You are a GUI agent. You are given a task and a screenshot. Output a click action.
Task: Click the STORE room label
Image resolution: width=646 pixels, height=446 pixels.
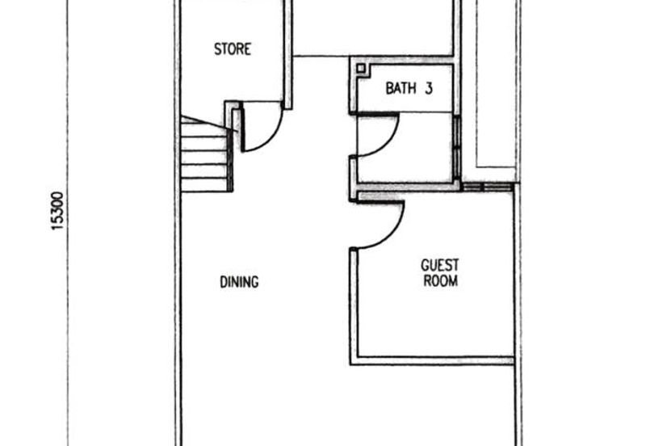(233, 49)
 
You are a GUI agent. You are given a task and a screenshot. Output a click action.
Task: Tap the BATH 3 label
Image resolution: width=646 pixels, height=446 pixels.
(409, 88)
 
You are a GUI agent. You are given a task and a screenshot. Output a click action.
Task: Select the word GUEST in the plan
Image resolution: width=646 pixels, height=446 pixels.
(439, 265)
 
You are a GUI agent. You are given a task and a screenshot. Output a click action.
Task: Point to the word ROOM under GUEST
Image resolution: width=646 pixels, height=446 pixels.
(440, 280)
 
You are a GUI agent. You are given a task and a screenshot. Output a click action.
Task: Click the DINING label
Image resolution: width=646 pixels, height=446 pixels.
(239, 282)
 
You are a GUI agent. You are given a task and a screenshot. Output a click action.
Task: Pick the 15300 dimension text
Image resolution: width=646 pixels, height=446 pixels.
(57, 211)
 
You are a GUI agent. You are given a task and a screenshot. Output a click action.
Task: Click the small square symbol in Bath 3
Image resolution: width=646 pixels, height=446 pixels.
(361, 68)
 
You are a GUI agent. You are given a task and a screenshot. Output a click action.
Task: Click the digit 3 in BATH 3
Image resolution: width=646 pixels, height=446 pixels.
(429, 88)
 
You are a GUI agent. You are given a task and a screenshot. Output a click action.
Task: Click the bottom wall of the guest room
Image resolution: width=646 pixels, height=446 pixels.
(432, 361)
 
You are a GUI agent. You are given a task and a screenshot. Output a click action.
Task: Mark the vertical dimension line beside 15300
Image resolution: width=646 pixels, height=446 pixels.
(68, 223)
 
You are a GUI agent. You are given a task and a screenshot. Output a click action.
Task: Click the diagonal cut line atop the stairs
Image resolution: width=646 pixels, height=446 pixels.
(209, 124)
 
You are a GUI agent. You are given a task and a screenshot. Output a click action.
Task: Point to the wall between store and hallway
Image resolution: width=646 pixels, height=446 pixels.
(288, 54)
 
